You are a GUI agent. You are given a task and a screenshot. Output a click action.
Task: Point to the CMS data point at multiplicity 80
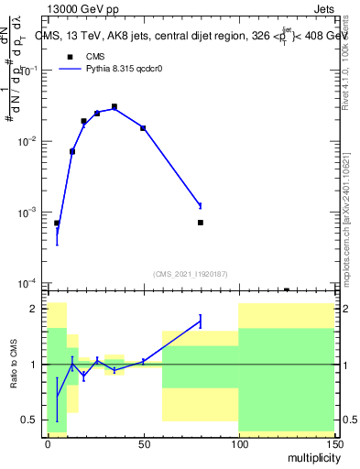click(x=200, y=223)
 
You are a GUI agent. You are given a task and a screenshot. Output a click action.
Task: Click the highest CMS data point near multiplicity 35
click(x=115, y=107)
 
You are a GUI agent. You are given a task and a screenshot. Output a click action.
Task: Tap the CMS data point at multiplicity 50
click(x=143, y=128)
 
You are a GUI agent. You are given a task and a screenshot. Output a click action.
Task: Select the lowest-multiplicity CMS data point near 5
click(x=57, y=224)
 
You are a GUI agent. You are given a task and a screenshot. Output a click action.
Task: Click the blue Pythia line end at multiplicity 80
click(x=200, y=205)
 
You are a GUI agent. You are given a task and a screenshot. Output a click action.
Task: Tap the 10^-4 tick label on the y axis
click(x=27, y=283)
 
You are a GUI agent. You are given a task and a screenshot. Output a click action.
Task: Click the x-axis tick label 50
click(x=143, y=442)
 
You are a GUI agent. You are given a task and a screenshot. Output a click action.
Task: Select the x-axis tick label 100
click(x=238, y=442)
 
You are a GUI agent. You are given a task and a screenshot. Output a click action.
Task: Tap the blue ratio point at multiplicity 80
click(x=200, y=321)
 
